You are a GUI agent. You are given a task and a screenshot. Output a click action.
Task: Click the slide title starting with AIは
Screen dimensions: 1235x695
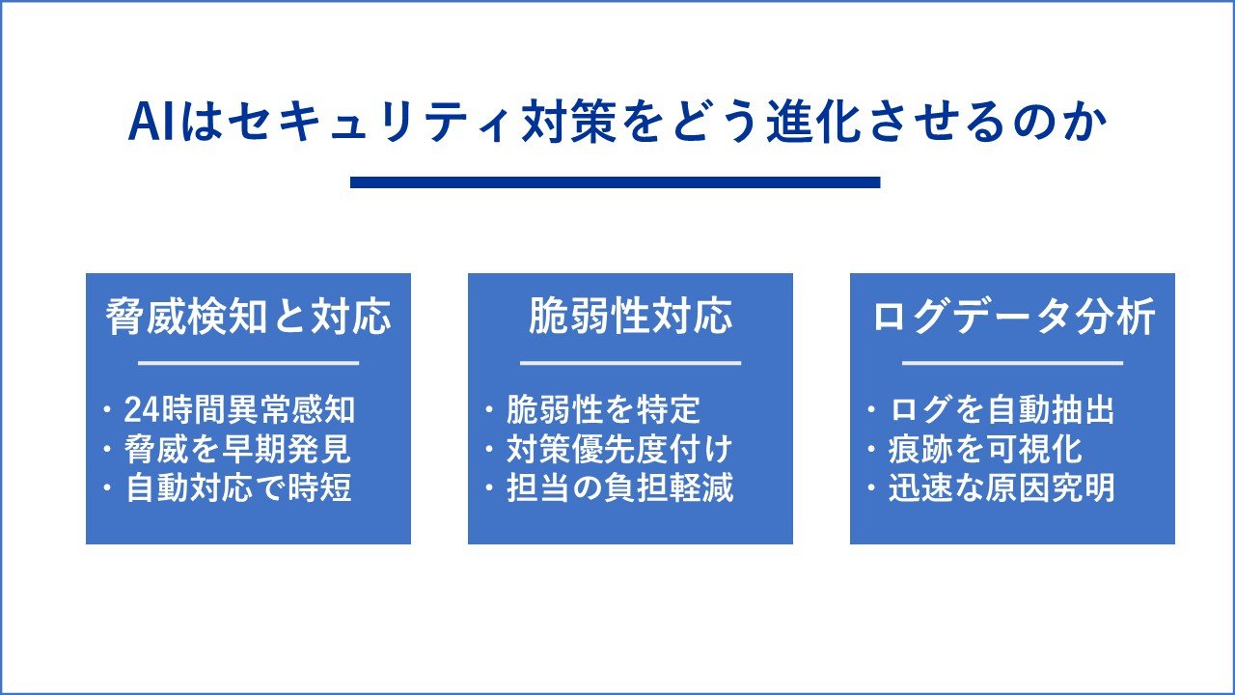click(617, 122)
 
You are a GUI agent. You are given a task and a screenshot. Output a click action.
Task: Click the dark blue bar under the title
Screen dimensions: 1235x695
click(616, 182)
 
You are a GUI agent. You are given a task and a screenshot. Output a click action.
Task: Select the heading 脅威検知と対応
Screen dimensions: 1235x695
click(248, 317)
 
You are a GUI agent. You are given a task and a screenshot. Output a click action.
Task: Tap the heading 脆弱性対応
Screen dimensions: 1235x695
click(631, 317)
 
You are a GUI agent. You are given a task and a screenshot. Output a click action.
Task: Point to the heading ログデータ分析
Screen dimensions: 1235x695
click(1013, 317)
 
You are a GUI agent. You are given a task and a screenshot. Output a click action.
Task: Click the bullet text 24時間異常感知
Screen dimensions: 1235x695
click(239, 409)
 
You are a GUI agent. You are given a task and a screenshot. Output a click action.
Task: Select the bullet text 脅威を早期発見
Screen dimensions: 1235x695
click(237, 449)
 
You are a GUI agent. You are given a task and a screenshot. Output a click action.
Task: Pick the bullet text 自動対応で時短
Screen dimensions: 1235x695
click(238, 487)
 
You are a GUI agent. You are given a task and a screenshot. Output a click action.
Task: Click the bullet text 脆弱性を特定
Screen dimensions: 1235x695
click(603, 409)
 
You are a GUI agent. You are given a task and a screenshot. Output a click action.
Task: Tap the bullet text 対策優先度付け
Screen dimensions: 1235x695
click(619, 449)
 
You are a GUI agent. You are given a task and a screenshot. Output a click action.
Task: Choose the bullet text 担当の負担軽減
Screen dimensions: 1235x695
click(619, 487)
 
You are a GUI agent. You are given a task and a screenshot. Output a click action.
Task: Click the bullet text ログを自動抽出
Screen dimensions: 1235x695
click(1002, 409)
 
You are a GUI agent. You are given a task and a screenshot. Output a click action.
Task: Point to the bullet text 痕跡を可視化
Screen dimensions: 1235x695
click(985, 449)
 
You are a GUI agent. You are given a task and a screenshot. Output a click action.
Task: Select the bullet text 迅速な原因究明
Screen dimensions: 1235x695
click(1002, 487)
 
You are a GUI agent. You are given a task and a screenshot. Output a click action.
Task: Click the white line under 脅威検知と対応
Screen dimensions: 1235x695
click(249, 363)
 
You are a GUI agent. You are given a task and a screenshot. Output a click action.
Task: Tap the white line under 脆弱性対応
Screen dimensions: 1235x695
click(631, 363)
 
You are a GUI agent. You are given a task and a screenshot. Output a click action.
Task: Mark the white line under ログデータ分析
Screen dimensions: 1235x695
click(1013, 363)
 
